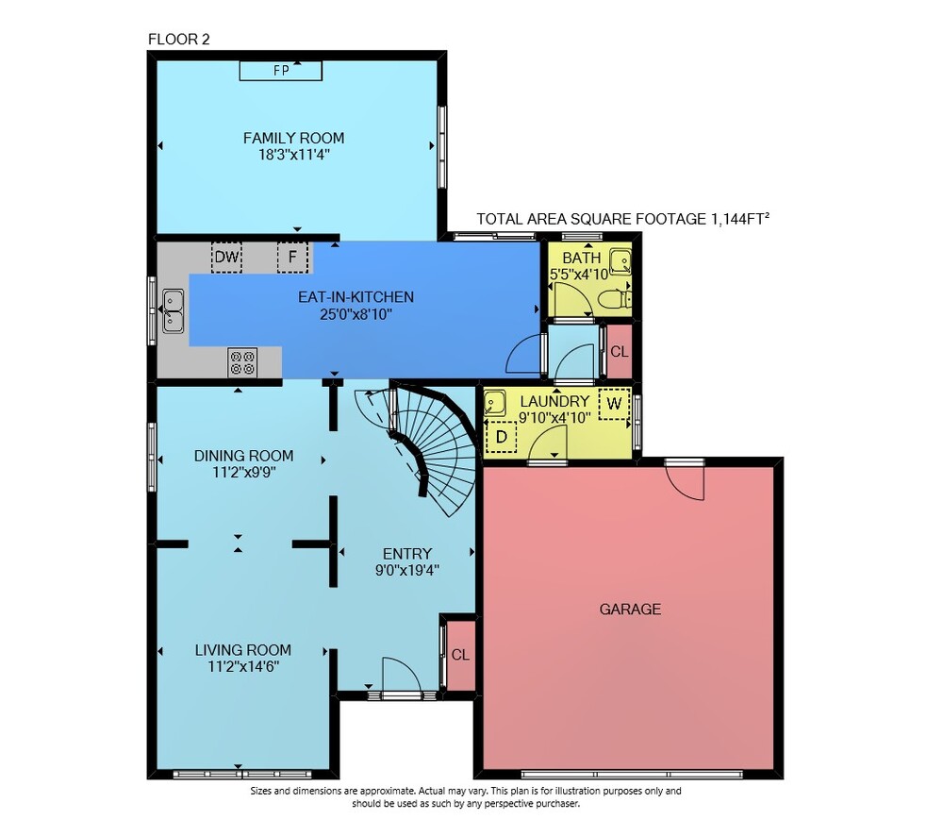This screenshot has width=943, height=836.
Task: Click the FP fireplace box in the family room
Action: pyautogui.click(x=281, y=71)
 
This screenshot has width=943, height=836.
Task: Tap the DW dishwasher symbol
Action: pyautogui.click(x=226, y=257)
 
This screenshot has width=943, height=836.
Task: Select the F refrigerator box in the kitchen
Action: pyautogui.click(x=292, y=257)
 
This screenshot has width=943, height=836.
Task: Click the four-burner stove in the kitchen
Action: pyautogui.click(x=242, y=363)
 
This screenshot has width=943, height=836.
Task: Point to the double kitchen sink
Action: pyautogui.click(x=174, y=311)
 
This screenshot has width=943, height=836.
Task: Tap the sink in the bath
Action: pyautogui.click(x=620, y=261)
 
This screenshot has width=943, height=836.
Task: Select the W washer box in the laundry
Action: pyautogui.click(x=614, y=404)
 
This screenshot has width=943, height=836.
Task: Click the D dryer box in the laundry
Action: pyautogui.click(x=501, y=436)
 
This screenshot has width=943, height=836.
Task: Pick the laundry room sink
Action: pyautogui.click(x=494, y=403)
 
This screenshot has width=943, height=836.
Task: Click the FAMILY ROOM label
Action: pyautogui.click(x=293, y=138)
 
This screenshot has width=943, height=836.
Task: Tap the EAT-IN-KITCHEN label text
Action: pyautogui.click(x=356, y=296)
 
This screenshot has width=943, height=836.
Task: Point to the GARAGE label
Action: pyautogui.click(x=630, y=610)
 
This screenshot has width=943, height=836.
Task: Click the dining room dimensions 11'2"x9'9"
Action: pyautogui.click(x=244, y=473)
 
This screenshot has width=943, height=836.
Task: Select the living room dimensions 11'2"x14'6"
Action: pyautogui.click(x=243, y=667)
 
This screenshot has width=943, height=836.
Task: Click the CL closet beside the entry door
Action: pyautogui.click(x=461, y=655)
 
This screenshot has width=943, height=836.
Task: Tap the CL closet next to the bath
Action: pyautogui.click(x=620, y=351)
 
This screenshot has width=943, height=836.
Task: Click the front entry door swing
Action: pyautogui.click(x=402, y=676)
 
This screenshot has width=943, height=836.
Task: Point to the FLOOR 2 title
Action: pyautogui.click(x=178, y=39)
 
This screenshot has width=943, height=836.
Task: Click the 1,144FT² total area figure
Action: pyautogui.click(x=740, y=219)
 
